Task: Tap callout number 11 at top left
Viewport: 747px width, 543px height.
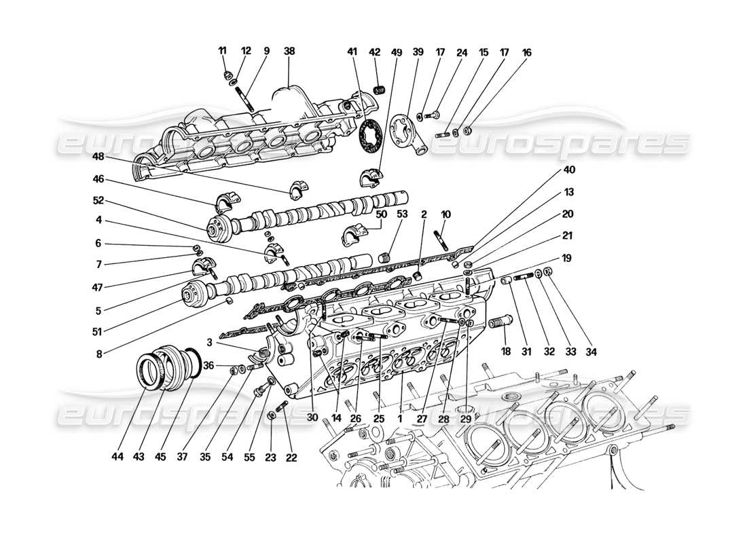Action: [223, 51]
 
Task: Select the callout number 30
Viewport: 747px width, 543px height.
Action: [313, 417]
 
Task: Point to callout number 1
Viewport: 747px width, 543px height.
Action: [401, 419]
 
